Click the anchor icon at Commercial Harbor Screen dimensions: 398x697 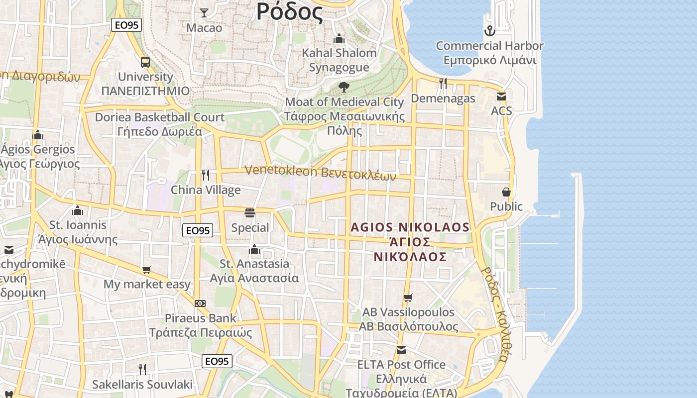(490, 31)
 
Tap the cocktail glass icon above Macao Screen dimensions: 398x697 (204, 12)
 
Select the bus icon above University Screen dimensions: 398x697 (145, 62)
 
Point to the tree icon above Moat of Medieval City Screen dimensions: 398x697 (344, 87)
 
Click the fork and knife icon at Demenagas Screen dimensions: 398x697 (443, 84)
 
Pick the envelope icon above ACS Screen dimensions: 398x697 (501, 96)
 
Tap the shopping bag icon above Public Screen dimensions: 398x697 (506, 192)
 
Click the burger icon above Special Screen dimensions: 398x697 (250, 213)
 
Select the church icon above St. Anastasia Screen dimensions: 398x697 (254, 249)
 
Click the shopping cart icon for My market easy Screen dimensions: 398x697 (147, 270)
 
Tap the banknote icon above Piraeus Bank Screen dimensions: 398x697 (200, 303)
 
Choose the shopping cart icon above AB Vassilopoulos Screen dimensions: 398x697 (408, 298)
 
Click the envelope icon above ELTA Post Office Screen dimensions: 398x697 (401, 350)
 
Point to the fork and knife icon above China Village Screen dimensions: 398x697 (205, 175)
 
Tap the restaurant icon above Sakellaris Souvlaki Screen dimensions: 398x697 (142, 369)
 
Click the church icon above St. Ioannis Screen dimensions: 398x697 (77, 210)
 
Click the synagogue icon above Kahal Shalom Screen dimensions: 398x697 (339, 38)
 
